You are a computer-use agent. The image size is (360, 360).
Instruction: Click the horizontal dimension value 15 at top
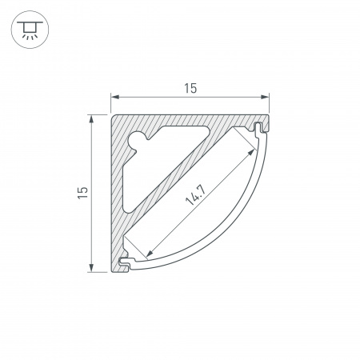pyautogui.click(x=190, y=88)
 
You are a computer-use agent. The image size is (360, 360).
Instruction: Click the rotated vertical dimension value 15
pyautogui.click(x=82, y=192)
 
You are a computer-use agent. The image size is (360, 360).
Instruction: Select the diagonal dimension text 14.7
pyautogui.click(x=195, y=195)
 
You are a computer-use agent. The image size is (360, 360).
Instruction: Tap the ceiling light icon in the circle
pyautogui.click(x=30, y=30)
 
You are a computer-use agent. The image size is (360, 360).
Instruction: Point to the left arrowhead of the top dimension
pyautogui.click(x=115, y=97)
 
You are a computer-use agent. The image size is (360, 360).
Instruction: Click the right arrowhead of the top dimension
pyautogui.click(x=265, y=97)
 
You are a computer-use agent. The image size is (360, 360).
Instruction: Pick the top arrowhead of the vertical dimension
pyautogui.click(x=91, y=119)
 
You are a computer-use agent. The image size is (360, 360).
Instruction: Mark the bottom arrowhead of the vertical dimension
pyautogui.click(x=91, y=268)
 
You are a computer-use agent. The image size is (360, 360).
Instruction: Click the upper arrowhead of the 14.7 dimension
pyautogui.click(x=251, y=152)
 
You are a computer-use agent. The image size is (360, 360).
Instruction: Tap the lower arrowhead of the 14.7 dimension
pyautogui.click(x=150, y=253)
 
